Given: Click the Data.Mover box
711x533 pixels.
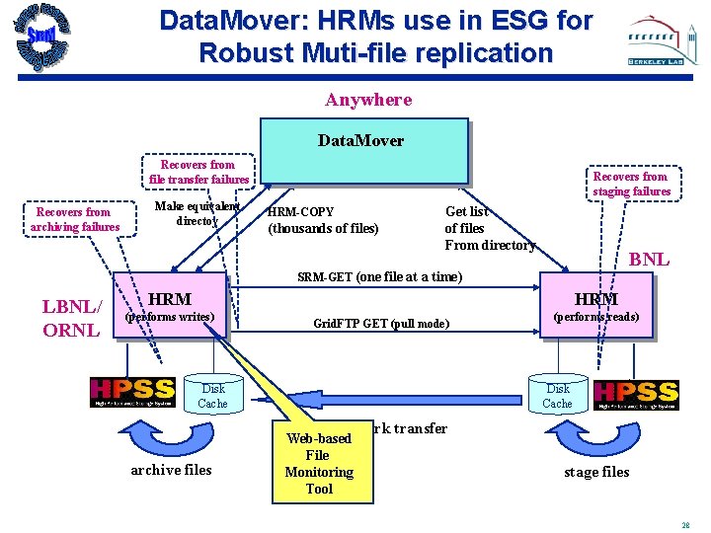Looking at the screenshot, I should (363, 151).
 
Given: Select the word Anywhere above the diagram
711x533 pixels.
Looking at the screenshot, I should (368, 100).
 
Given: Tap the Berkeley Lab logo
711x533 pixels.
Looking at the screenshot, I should (664, 42).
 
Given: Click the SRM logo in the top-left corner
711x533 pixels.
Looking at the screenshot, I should (41, 39).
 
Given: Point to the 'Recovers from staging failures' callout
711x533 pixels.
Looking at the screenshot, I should (631, 184).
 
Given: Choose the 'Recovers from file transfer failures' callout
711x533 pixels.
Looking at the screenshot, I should (198, 172).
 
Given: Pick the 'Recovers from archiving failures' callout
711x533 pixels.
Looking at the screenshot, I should (74, 219).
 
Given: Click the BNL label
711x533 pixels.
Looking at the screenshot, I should (649, 261).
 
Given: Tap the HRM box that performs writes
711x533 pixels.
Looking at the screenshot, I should (171, 306).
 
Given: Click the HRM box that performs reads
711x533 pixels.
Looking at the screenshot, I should (596, 306).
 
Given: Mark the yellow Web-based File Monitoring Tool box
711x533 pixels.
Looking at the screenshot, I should (319, 463).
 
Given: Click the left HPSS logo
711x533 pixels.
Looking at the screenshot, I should (132, 392).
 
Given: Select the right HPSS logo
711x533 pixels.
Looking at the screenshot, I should (636, 392).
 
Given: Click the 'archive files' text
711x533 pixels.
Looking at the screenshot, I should (171, 470).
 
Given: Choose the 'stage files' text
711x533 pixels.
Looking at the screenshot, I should (596, 472).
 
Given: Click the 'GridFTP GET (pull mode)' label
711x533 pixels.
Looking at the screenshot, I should (381, 324).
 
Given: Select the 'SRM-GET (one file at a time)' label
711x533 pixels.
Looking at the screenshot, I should (379, 277).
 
